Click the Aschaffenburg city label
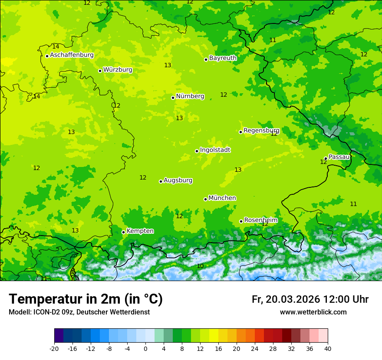tap(72, 55)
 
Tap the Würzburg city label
tap(118, 70)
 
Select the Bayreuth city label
tap(223, 58)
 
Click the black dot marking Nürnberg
tap(173, 98)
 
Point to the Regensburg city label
tap(261, 131)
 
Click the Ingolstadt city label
tap(215, 150)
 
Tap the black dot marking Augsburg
tap(161, 181)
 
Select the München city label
tap(222, 198)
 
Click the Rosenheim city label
tap(260, 220)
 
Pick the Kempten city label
tap(140, 231)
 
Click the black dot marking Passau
tap(326, 158)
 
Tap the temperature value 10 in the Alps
tap(200, 266)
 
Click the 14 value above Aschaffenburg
tap(56, 46)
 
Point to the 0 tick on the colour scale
tap(145, 348)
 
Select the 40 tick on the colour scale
tap(327, 348)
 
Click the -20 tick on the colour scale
tap(54, 348)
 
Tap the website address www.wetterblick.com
tap(313, 312)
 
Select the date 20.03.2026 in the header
tap(293, 299)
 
